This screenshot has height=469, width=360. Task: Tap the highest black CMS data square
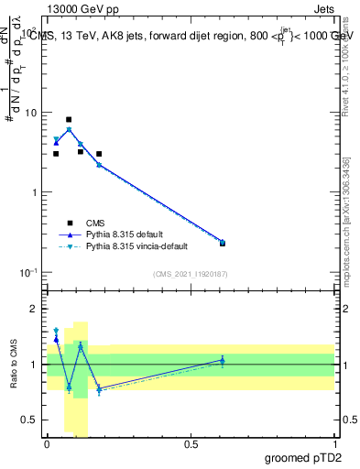pyautogui.click(x=69, y=119)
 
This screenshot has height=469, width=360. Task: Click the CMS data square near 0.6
pyautogui.click(x=223, y=243)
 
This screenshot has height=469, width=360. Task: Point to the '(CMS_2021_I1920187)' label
pyautogui.click(x=190, y=274)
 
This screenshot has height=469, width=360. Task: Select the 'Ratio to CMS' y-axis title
pyautogui.click(x=15, y=365)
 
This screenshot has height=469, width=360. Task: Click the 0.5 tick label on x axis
pyautogui.click(x=191, y=443)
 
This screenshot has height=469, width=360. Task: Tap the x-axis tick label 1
pyautogui.click(x=334, y=443)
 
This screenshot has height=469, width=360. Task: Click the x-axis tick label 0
pyautogui.click(x=47, y=443)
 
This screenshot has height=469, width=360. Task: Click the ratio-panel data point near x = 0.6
pyautogui.click(x=223, y=360)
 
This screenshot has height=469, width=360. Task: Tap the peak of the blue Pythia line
pyautogui.click(x=69, y=129)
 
